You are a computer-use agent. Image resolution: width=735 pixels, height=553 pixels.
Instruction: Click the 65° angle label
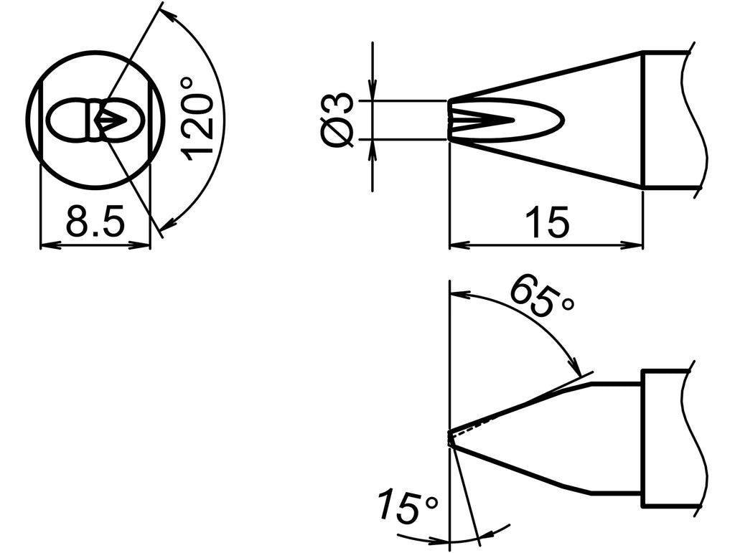pyautogui.click(x=542, y=296)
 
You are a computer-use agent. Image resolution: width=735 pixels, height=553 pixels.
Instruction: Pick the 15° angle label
pyautogui.click(x=407, y=508)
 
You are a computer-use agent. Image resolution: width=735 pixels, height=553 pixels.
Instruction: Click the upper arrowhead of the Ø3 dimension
pyautogui.click(x=373, y=93)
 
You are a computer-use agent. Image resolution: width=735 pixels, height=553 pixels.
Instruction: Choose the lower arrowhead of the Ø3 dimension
pyautogui.click(x=373, y=146)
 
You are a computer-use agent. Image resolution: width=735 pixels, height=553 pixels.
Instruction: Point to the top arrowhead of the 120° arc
pyautogui.click(x=167, y=14)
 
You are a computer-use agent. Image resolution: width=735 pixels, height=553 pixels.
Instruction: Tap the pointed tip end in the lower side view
pyautogui.click(x=450, y=437)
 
